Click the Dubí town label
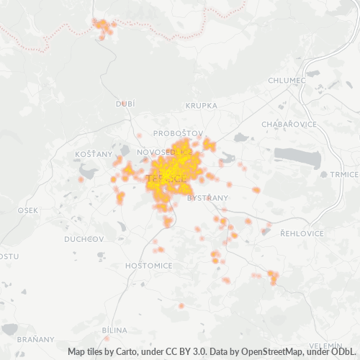pos(125,104)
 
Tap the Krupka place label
pos(201,105)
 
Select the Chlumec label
pos(287,80)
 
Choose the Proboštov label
pos(179,133)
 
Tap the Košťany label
pos(94,154)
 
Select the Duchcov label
pos(84,238)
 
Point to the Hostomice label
pos(148,265)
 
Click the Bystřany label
pos(207,197)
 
